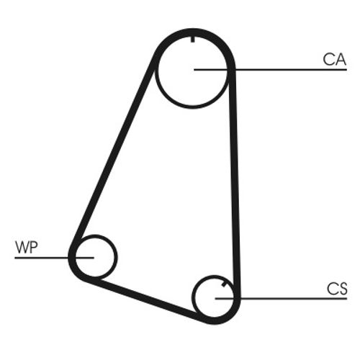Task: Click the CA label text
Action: (x=335, y=60)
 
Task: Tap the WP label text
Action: (x=27, y=247)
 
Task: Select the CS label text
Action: (x=337, y=289)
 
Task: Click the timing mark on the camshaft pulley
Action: (x=192, y=39)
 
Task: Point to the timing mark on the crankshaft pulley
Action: (x=224, y=284)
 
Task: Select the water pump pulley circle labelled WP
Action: (x=117, y=257)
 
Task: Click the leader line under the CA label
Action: (x=270, y=70)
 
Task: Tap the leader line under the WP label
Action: (x=54, y=258)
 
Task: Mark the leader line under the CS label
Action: (x=281, y=299)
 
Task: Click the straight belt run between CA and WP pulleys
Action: (x=115, y=149)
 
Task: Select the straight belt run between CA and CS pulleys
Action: (x=234, y=182)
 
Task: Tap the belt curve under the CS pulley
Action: (x=216, y=320)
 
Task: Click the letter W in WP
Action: (x=22, y=247)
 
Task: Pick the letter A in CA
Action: (x=341, y=60)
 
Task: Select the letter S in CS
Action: (x=343, y=289)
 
